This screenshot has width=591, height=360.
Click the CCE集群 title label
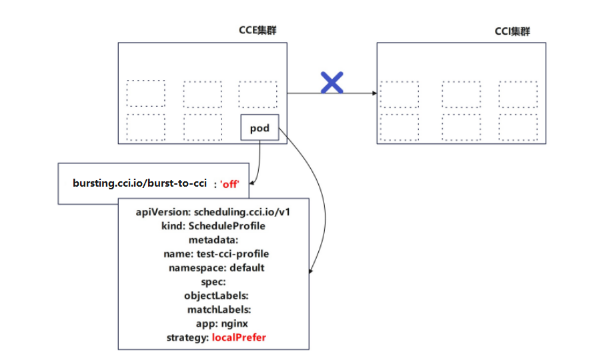[257, 31]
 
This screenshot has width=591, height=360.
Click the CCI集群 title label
[513, 31]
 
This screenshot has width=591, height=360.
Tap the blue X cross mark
[332, 82]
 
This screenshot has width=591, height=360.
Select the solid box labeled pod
[259, 128]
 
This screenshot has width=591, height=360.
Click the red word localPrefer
[239, 337]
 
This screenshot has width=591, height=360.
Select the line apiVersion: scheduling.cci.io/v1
[213, 212]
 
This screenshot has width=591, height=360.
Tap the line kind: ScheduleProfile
[213, 226]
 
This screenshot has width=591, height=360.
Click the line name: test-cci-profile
[215, 254]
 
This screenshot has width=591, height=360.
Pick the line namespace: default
[217, 267]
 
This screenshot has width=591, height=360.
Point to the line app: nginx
[213, 323]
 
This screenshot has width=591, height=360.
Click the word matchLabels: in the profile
[219, 309]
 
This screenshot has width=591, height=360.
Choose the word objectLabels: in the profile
[216, 295]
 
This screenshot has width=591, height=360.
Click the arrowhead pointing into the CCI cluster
[374, 93]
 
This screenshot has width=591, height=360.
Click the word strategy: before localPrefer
[187, 337]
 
